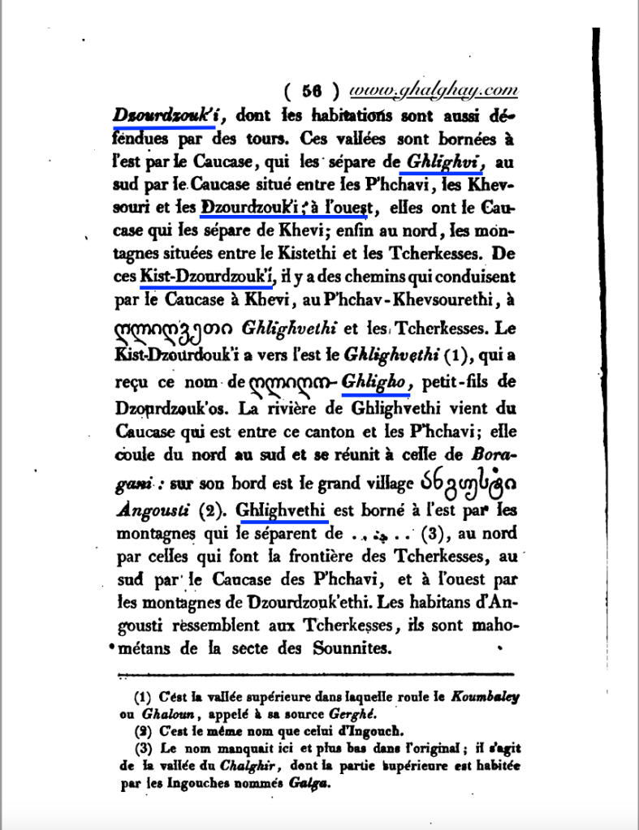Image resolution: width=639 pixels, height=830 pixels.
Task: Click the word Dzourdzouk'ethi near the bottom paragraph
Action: [x=343, y=602]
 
